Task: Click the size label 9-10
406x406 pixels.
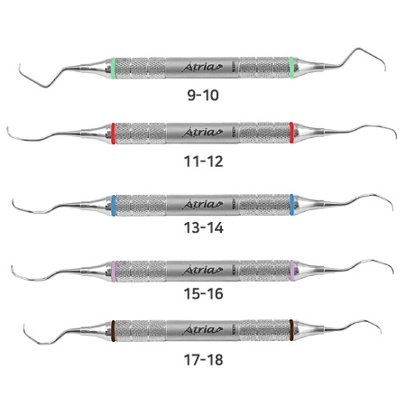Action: (x=203, y=96)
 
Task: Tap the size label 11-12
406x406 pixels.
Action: (x=204, y=161)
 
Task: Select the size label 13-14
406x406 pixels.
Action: (x=204, y=227)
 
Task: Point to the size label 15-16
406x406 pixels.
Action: (x=204, y=293)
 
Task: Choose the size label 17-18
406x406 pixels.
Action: (x=204, y=360)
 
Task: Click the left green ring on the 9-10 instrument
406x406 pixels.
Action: (x=113, y=69)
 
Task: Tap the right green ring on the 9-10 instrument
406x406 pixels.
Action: (x=291, y=68)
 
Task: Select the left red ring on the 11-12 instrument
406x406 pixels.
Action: (x=113, y=134)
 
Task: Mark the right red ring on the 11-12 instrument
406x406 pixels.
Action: (x=291, y=133)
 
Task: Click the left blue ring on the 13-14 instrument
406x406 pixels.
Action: (x=113, y=206)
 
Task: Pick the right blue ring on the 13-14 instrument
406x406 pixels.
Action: (x=291, y=205)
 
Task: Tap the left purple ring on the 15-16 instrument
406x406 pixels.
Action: (x=113, y=272)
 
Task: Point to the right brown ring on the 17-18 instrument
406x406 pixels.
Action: (x=291, y=330)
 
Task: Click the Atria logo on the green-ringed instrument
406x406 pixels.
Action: (x=202, y=67)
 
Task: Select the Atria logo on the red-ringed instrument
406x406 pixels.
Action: (x=202, y=132)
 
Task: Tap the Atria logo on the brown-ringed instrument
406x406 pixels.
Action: (x=202, y=329)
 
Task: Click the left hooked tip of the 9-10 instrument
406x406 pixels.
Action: (x=20, y=64)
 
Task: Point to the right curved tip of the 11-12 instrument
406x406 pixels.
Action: (x=396, y=139)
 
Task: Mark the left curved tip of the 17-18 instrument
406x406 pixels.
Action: (x=24, y=324)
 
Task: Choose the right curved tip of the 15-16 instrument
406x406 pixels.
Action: (x=393, y=273)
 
